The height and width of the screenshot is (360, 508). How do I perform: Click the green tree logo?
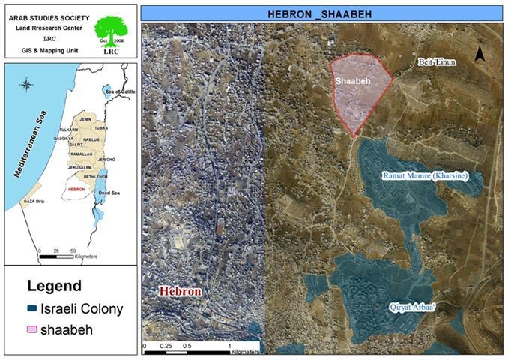tap(113, 31)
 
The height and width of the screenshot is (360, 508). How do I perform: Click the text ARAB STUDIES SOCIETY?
tap(50, 13)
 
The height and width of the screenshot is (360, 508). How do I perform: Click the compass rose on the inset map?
tap(25, 84)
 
